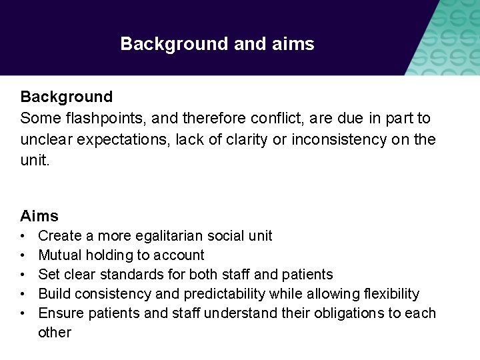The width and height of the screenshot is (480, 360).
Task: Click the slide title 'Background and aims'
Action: click(x=217, y=45)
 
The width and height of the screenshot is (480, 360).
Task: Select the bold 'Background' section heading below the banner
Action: click(x=67, y=97)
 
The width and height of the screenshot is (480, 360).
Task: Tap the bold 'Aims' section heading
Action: click(x=39, y=216)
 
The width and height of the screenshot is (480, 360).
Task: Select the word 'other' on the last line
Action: click(x=55, y=333)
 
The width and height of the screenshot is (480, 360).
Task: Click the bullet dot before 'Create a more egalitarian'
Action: click(x=23, y=236)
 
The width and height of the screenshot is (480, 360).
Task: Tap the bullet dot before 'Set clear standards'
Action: click(x=23, y=275)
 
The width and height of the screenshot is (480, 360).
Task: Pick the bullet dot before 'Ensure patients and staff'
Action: click(x=23, y=313)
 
